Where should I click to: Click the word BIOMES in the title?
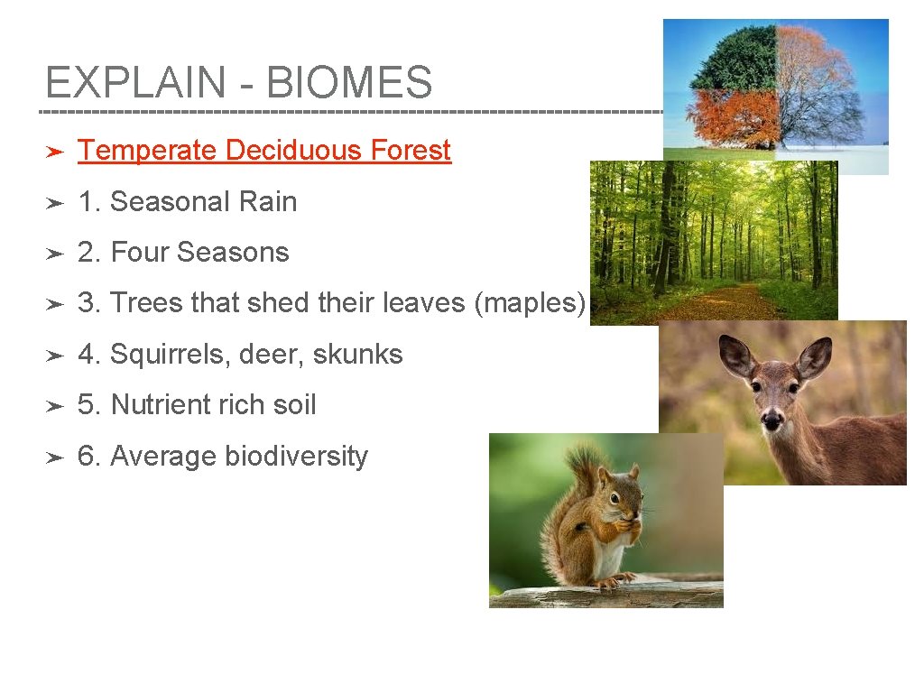pyautogui.click(x=349, y=83)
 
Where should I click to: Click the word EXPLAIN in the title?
pyautogui.click(x=135, y=83)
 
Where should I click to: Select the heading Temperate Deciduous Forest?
pyautogui.click(x=264, y=150)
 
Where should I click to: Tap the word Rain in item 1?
pyautogui.click(x=268, y=201)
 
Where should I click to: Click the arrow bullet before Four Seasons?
pyautogui.click(x=55, y=253)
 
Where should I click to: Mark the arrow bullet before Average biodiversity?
pyautogui.click(x=55, y=457)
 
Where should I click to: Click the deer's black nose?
pyautogui.click(x=772, y=420)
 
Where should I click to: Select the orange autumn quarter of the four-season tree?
pyautogui.click(x=733, y=117)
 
